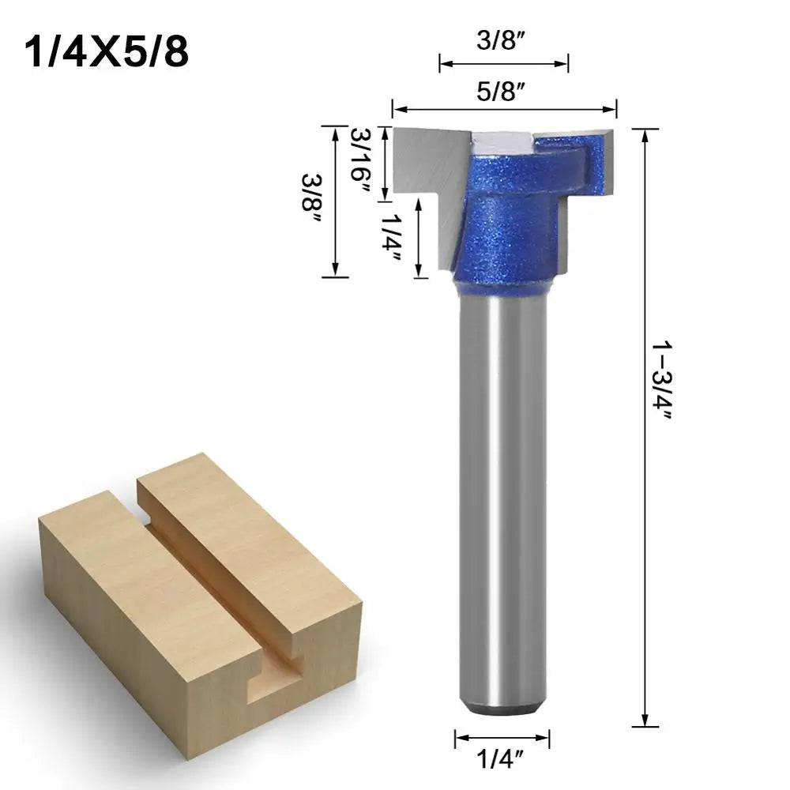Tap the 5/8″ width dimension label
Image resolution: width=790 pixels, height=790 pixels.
pos(504,91)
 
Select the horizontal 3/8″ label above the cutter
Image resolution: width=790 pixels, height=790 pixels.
pos(503,42)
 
